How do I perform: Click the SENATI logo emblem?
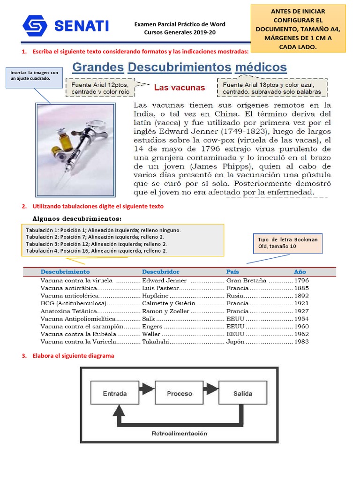click(x=35, y=27)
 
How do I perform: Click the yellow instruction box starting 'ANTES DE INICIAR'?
click(x=298, y=29)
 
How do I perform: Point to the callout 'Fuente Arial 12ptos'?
click(x=101, y=88)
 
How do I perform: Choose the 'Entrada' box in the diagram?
click(x=114, y=394)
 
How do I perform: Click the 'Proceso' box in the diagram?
click(x=179, y=394)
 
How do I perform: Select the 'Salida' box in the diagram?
click(x=243, y=394)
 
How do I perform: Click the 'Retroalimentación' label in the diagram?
click(x=179, y=433)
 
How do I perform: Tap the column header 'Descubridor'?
click(x=160, y=272)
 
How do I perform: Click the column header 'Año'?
click(x=300, y=272)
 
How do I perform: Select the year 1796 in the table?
click(x=301, y=281)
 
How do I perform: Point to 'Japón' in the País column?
click(x=236, y=342)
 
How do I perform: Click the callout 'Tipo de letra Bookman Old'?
click(x=287, y=243)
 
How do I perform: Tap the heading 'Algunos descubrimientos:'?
click(x=77, y=219)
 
